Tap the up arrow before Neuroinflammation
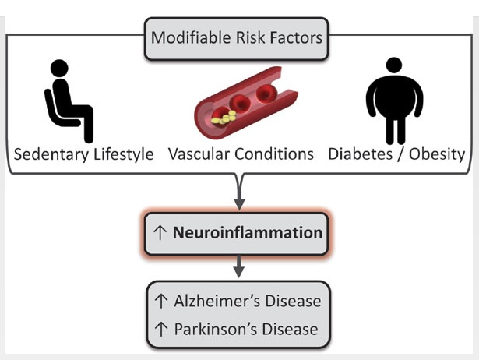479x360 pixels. pos(161,232)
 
